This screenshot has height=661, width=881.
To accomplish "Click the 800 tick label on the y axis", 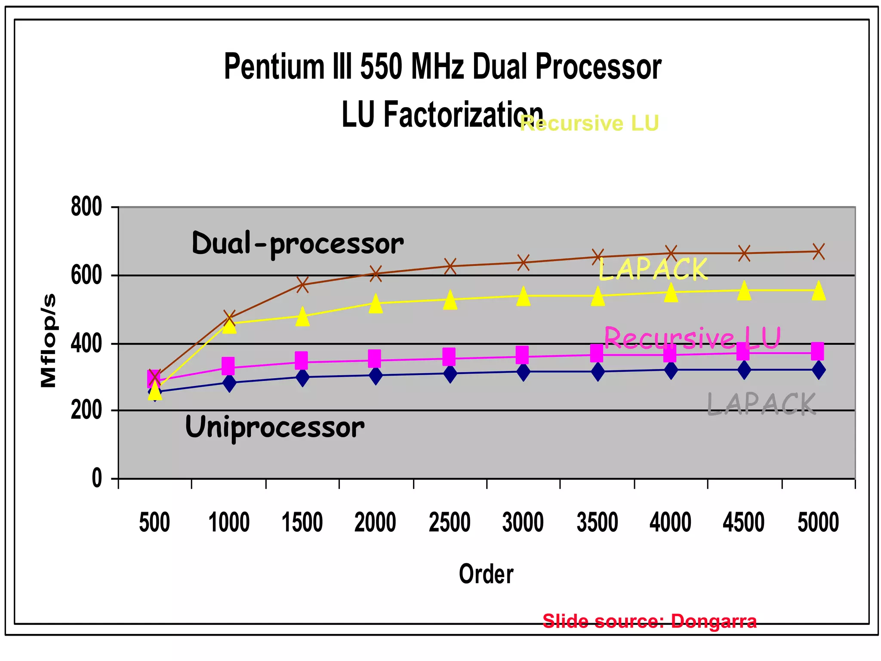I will [86, 207].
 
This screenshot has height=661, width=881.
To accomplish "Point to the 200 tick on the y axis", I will [86, 411].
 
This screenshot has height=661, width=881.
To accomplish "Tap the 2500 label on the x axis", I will [450, 522].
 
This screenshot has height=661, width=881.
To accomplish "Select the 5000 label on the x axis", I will [818, 522].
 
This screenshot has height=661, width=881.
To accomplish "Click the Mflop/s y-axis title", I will [49, 340].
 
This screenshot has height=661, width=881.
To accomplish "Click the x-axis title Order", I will [486, 574].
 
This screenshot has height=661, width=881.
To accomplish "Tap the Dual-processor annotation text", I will [298, 244].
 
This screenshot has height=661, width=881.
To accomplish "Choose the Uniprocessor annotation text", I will [274, 428].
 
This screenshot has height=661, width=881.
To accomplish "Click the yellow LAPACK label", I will [653, 270].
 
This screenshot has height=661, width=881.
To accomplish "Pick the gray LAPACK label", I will [761, 404].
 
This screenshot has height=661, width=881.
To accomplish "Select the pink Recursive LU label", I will [692, 338].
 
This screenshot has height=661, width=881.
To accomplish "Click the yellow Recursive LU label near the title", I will [589, 124].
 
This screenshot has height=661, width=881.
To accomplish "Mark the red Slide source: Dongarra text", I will [649, 621].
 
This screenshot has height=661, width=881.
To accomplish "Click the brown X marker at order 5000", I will [819, 251].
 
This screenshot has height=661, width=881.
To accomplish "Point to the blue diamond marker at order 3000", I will [523, 371].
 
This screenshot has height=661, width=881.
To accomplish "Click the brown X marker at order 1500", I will [302, 284].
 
